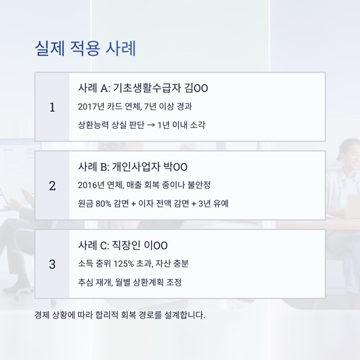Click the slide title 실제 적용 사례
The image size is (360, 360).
[85, 48]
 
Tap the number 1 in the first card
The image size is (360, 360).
[52, 107]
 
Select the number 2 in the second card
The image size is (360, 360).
[52, 186]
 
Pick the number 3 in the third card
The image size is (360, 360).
[52, 264]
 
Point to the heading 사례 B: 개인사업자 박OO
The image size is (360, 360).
[132, 167]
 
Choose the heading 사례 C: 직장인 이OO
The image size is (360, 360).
[123, 246]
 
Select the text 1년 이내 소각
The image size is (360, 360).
[182, 125]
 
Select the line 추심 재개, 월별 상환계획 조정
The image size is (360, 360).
[130, 282]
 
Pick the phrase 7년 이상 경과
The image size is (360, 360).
[168, 106]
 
